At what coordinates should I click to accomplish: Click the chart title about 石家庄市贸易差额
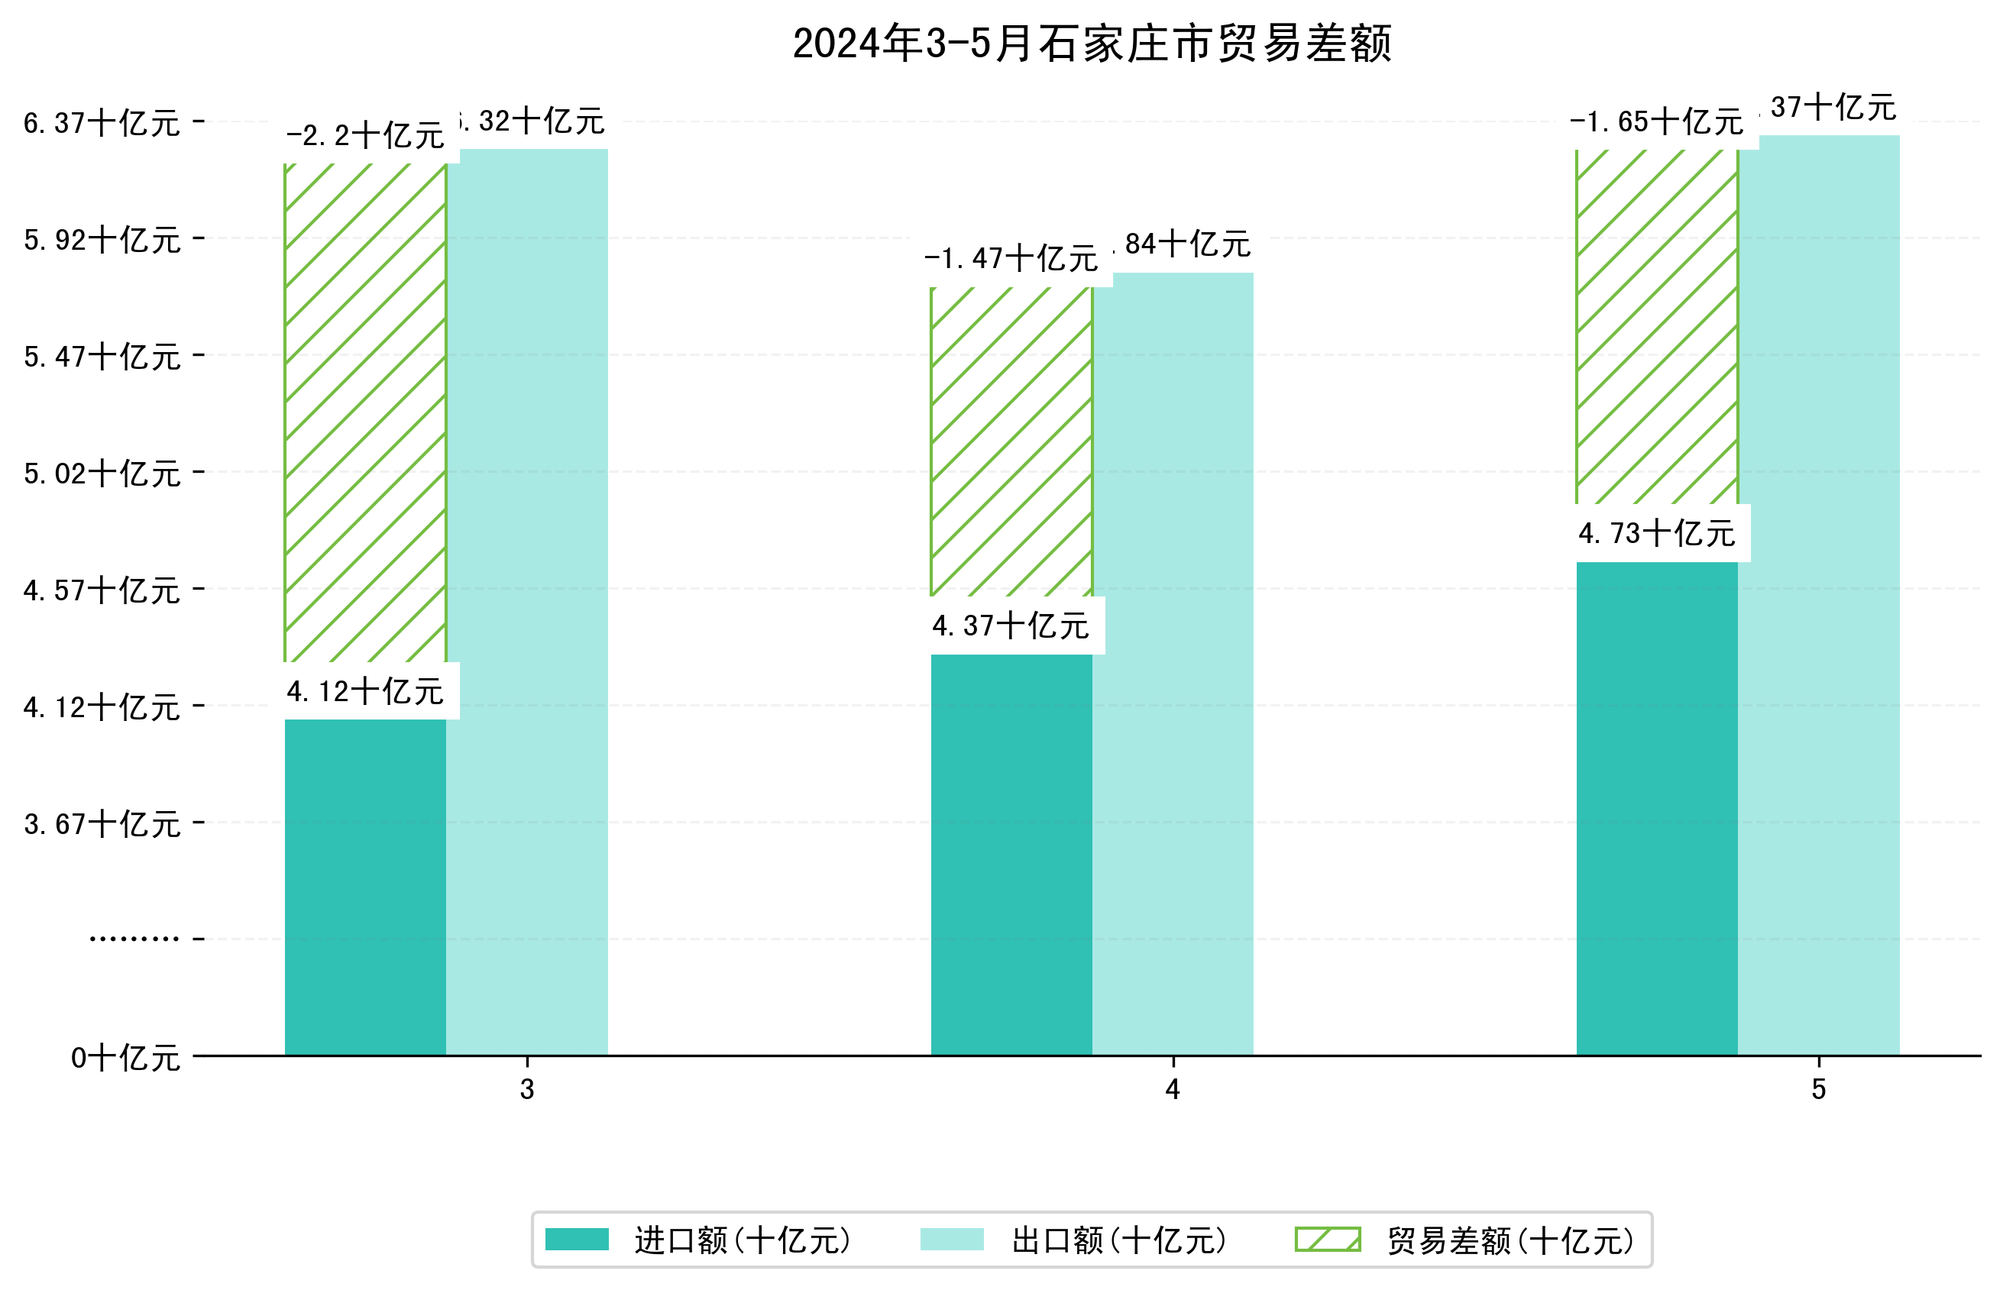coord(1091,44)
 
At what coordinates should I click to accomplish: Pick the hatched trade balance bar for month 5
coord(1656,327)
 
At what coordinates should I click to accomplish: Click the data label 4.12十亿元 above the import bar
coord(365,691)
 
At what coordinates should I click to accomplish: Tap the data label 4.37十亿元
coord(1011,626)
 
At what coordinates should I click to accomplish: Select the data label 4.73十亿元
coord(1656,533)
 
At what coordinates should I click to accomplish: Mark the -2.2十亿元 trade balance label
coord(365,136)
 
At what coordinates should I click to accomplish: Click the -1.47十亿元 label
coord(1011,259)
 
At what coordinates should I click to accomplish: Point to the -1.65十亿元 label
coord(1656,122)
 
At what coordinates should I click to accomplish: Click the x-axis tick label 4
coord(1172,1089)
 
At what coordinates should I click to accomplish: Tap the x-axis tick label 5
coord(1818,1089)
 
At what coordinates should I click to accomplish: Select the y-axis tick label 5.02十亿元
coord(102,474)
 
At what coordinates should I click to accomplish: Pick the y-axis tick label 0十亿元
coord(125,1058)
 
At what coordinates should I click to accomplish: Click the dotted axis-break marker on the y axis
coord(134,938)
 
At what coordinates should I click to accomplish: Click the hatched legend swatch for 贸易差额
coord(1327,1239)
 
